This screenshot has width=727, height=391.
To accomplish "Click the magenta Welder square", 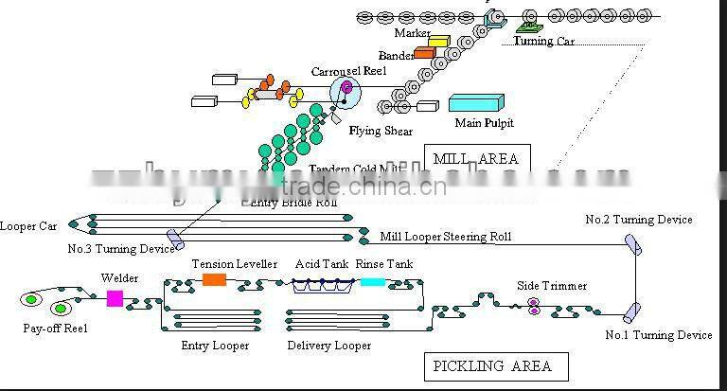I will click(x=115, y=298).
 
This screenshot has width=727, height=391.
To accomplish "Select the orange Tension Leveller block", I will click(x=215, y=279).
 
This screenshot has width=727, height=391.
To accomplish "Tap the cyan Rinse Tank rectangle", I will click(x=373, y=281).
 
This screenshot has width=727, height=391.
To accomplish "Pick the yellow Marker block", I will click(x=437, y=41).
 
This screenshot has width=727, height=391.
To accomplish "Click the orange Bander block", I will click(x=423, y=54).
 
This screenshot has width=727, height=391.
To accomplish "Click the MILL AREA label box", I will click(x=477, y=158).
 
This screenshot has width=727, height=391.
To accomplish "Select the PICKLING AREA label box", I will click(x=490, y=365).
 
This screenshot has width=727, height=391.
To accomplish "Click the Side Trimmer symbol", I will click(x=534, y=305).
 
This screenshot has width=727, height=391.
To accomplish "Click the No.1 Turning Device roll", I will click(x=631, y=311).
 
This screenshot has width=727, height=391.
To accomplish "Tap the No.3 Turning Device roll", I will click(x=175, y=237).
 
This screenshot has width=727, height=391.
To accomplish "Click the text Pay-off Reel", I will click(x=54, y=329).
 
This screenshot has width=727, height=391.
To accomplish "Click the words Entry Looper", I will click(x=215, y=346).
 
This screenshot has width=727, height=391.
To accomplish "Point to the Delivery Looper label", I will click(x=329, y=346).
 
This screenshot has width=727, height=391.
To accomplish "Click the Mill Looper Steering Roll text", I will click(x=446, y=236).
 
